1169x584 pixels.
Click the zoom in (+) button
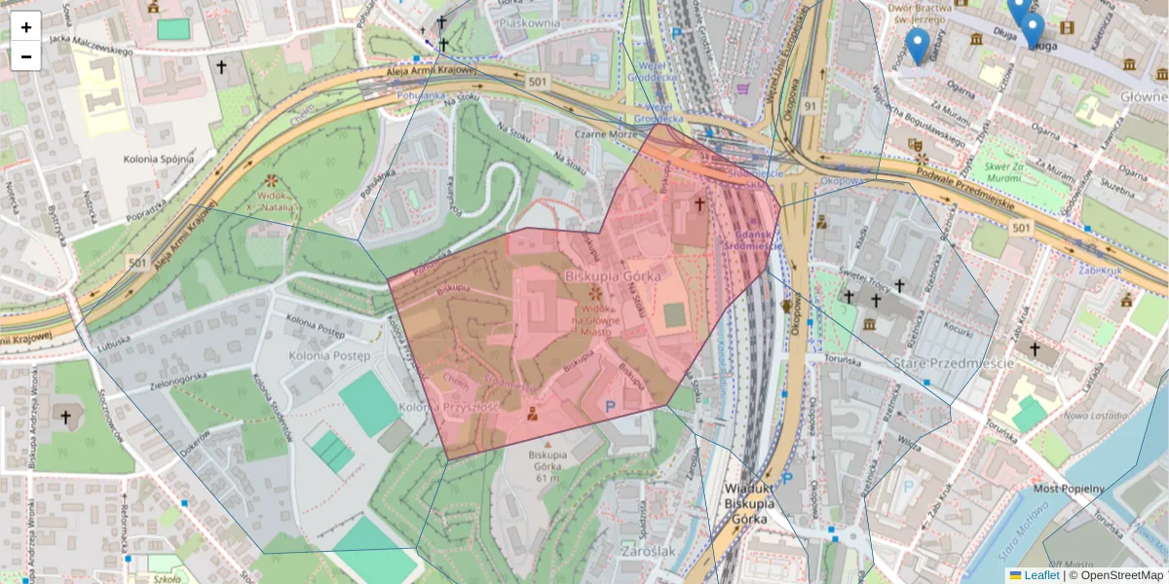point(26,26)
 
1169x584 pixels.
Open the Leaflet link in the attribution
point(1040,575)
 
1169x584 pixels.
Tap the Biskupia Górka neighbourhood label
point(613,276)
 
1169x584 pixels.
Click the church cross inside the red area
point(698,203)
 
